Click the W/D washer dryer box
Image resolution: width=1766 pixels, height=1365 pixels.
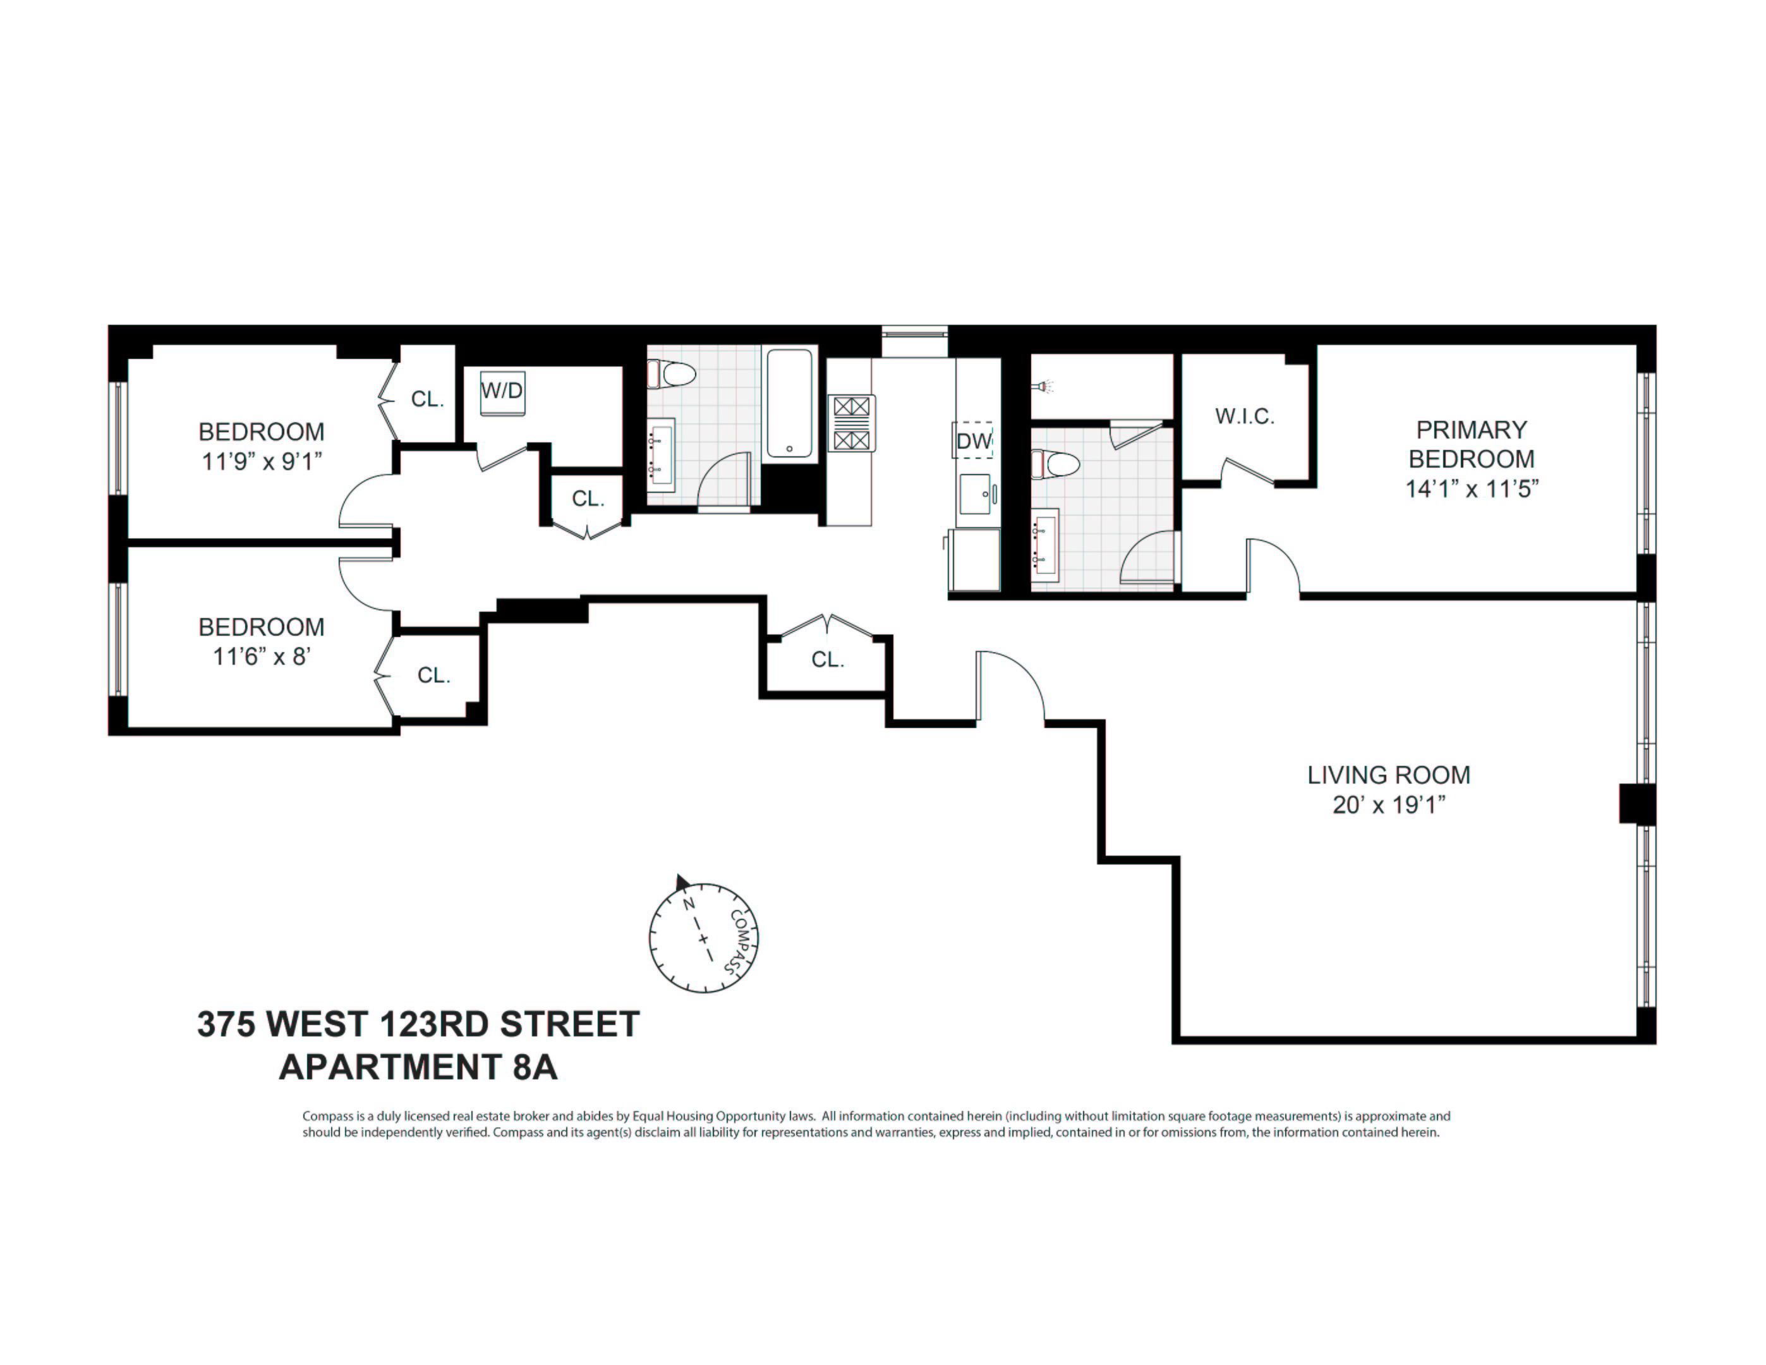(501, 392)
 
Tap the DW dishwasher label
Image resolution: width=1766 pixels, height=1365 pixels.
(974, 440)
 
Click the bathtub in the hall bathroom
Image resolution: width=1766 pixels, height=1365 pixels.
(789, 403)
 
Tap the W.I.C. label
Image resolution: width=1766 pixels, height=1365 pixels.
(1245, 416)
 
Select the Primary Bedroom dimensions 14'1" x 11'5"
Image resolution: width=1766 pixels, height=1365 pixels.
(1471, 489)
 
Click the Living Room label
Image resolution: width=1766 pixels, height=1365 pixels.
(1388, 775)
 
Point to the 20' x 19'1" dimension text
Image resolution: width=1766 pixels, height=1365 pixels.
(1388, 804)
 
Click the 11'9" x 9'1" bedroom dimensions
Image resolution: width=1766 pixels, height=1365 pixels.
(261, 461)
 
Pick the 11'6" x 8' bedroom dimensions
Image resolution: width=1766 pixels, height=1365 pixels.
(261, 656)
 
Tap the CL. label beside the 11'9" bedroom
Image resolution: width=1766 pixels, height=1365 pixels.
(427, 399)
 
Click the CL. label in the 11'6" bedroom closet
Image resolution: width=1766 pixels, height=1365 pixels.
(433, 675)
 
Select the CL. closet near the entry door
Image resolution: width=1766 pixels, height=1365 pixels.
(828, 660)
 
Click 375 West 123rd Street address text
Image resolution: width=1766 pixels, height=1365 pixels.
(418, 1024)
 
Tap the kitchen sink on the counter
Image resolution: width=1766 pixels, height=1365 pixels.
(975, 494)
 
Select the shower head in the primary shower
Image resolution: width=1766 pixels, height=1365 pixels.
(1044, 387)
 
